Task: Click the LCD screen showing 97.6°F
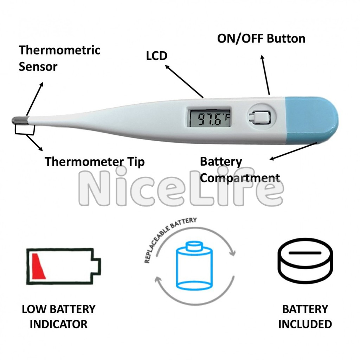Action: click(209, 118)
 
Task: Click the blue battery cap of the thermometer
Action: click(311, 120)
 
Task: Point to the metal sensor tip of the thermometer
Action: click(20, 120)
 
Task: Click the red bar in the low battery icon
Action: click(38, 266)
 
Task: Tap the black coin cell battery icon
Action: click(305, 262)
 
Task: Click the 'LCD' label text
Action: click(156, 56)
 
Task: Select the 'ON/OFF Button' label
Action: click(261, 38)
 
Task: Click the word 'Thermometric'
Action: click(59, 50)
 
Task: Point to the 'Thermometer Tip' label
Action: click(95, 162)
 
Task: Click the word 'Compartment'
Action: click(240, 178)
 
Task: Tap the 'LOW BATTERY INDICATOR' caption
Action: click(59, 317)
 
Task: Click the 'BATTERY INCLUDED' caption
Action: click(305, 317)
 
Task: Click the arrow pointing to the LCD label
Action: click(184, 82)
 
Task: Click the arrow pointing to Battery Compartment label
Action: click(294, 151)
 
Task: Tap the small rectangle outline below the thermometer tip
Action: click(25, 129)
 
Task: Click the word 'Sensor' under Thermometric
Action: click(38, 67)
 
